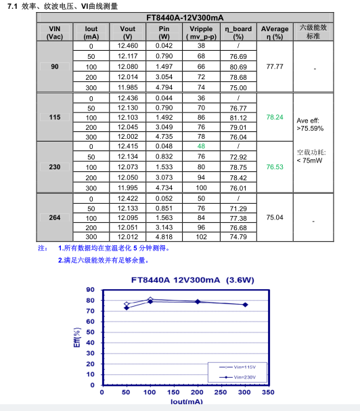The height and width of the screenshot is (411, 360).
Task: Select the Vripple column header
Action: click(x=201, y=32)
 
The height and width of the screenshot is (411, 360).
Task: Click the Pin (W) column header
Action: click(x=164, y=32)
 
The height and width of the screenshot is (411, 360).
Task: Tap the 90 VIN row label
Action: click(x=55, y=67)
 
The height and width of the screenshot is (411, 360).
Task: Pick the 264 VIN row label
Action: click(x=55, y=217)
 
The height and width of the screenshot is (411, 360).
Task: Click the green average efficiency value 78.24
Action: click(x=274, y=117)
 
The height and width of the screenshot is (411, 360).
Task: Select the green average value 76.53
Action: click(x=274, y=167)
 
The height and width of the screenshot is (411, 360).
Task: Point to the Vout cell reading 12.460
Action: click(x=127, y=46)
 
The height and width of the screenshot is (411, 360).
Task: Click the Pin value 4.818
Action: click(x=164, y=237)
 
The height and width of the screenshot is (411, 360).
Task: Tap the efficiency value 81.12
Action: click(x=238, y=117)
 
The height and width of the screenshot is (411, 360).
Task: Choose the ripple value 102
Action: click(x=201, y=237)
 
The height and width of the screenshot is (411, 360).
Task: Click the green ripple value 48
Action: click(x=201, y=146)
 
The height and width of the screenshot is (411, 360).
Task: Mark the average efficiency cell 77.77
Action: click(x=274, y=67)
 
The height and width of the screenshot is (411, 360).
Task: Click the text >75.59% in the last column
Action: click(x=310, y=128)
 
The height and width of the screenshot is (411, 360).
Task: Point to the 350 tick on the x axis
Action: click(x=268, y=392)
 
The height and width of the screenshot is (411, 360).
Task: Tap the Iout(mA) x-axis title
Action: click(x=185, y=402)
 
